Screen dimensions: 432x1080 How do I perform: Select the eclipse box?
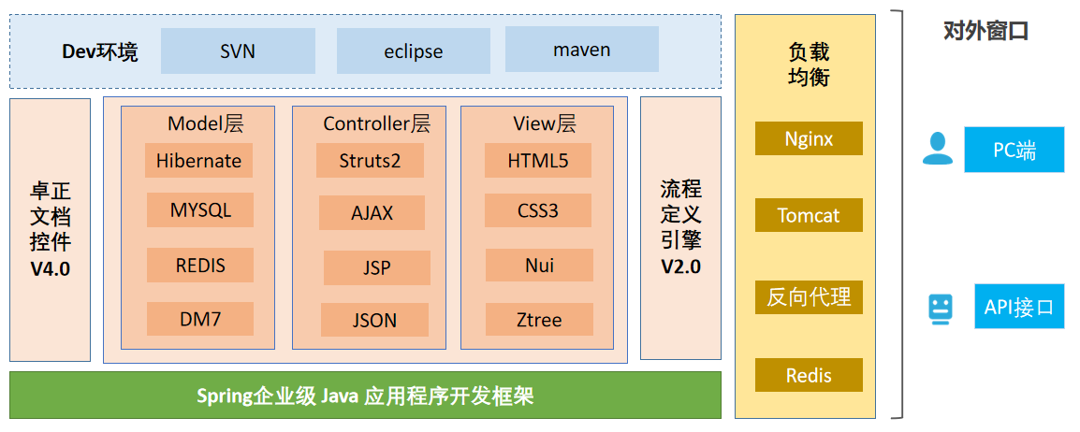pos(413,50)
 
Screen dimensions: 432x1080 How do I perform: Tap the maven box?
pos(581,50)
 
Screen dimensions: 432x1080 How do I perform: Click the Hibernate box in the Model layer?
pos(198,160)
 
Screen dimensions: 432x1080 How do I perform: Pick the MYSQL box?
pos(199,210)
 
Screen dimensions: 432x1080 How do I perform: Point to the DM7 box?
pos(199,319)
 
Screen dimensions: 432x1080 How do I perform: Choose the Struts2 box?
pos(370,160)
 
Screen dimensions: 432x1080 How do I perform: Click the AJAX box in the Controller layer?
pos(372,212)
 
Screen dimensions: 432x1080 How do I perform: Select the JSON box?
pos(374,320)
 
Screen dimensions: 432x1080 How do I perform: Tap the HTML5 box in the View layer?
pos(538,160)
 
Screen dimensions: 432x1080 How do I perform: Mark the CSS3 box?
pos(538,210)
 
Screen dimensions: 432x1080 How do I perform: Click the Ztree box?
pos(539,320)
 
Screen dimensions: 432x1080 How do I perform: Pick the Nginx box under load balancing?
pos(809,139)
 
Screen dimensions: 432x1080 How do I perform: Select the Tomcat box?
pos(809,215)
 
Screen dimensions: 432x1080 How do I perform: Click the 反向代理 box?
pos(809,297)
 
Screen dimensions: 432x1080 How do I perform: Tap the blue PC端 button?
pos(1014,150)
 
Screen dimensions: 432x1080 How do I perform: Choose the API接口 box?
pos(1018,307)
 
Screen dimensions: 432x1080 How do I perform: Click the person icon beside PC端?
pos(938,149)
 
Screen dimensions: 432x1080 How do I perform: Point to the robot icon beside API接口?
pos(940,308)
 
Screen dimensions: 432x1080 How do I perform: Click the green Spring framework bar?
pos(365,396)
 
